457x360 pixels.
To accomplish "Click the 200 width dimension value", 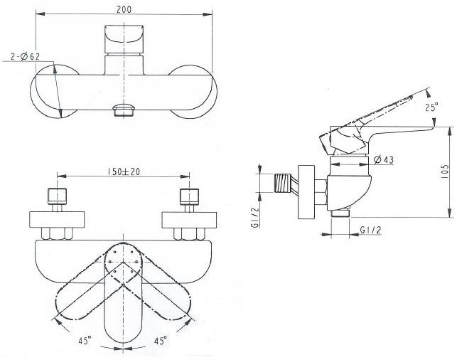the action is point(124,9).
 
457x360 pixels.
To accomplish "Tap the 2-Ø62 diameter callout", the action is point(25,56).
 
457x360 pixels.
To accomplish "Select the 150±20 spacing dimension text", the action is point(124,172).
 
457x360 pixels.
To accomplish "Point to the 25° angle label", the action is point(431,107).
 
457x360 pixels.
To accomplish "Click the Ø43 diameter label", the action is point(384,159).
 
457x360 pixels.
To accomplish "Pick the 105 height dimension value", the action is point(446,172).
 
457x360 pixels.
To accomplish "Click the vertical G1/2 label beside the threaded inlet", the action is point(255,217).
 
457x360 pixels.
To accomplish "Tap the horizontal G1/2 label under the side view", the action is point(370,231).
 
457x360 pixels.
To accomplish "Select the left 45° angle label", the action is point(85,341).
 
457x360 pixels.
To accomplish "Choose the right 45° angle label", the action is point(161,341).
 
